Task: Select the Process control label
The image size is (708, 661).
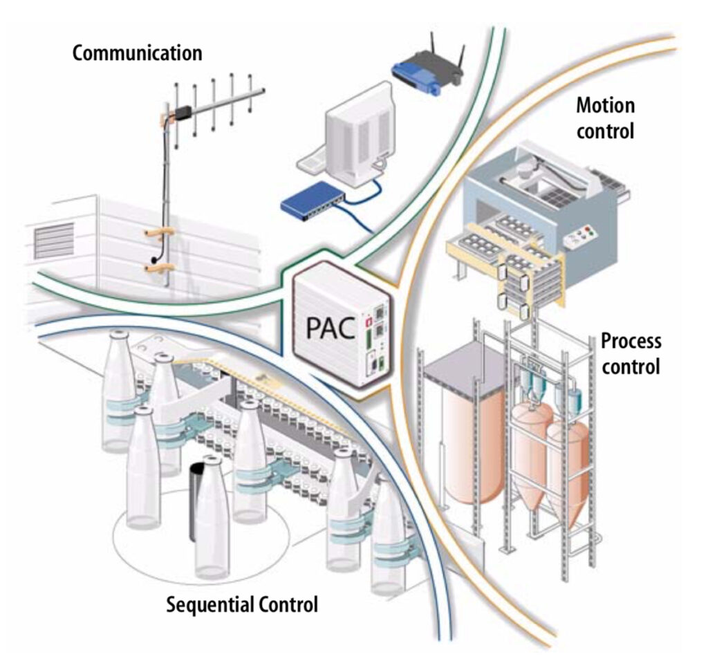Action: pos(631,353)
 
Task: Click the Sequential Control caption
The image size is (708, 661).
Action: pos(242,604)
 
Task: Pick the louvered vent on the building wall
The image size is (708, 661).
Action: pos(54,240)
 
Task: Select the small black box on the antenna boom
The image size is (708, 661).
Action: pos(183,112)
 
